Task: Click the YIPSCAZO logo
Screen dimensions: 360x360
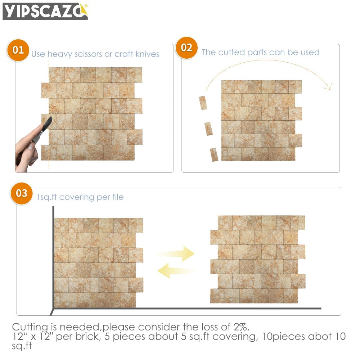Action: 45,11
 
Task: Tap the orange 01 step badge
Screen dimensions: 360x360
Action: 18,50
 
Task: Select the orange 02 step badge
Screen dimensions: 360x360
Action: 186,48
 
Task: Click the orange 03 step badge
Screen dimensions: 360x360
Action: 22,193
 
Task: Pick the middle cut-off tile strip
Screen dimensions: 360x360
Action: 208,129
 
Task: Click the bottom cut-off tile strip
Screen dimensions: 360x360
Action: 214,154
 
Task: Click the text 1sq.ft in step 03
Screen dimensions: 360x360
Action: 47,197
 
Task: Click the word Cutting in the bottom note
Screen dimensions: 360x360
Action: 30,327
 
